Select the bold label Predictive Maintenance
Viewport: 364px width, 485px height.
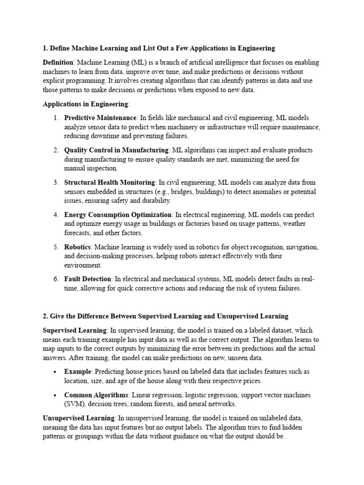100,117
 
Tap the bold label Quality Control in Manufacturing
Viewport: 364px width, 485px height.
117,150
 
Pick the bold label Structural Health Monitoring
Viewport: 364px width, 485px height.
109,182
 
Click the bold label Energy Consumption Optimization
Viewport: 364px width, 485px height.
118,215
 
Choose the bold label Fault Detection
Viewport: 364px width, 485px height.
88,279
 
